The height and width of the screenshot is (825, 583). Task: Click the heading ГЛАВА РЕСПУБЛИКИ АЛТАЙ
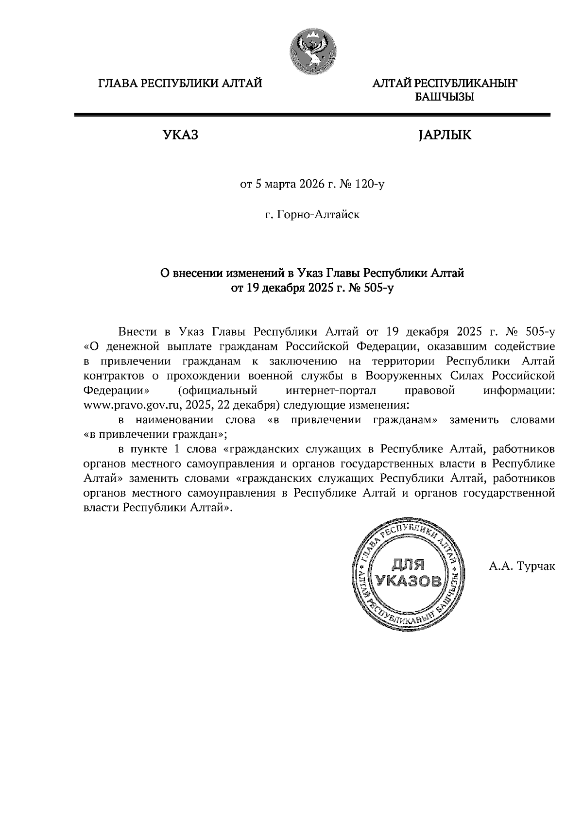(180, 84)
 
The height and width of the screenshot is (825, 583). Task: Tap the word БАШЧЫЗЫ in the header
(444, 98)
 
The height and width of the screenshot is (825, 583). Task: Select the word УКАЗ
(180, 135)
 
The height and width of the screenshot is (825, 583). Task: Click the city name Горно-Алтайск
(318, 214)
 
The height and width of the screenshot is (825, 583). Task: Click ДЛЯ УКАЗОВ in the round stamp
(408, 573)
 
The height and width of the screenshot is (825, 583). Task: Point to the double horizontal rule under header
(312, 115)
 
